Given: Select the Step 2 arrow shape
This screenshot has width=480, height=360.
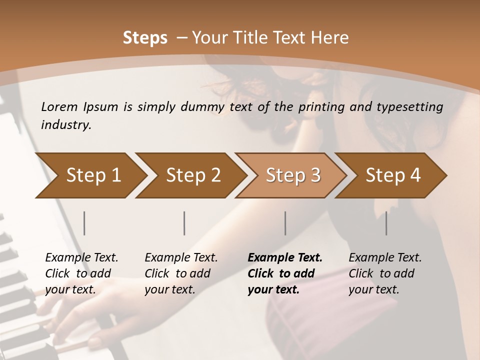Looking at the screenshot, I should tap(192, 175).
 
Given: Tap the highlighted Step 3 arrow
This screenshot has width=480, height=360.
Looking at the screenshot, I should tap(292, 175).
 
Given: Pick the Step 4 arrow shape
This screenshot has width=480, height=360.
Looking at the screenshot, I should tap(392, 175).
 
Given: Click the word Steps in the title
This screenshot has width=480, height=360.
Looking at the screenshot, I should tap(145, 38).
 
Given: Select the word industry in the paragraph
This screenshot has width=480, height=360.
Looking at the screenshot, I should tap(65, 124).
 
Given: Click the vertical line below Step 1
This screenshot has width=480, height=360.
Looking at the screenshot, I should tap(84, 223).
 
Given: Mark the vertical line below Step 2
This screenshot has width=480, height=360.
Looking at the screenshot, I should tap(184, 223).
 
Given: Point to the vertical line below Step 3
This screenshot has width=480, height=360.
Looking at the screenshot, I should tap(285, 223).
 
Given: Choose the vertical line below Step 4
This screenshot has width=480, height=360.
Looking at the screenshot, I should tap(386, 223).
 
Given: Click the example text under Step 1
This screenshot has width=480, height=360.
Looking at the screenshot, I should tap(81, 273).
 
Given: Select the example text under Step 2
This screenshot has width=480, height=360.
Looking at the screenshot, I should tap(181, 273).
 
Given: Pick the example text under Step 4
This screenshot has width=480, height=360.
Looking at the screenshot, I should tap(385, 273).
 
